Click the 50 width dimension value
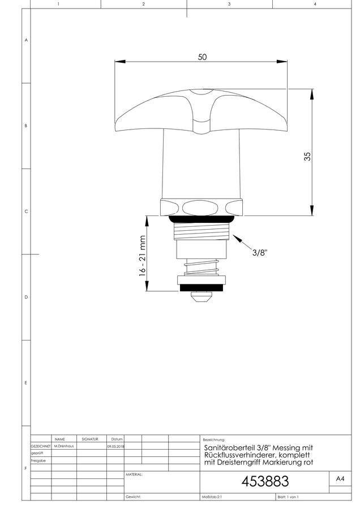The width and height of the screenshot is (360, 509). point(202,57)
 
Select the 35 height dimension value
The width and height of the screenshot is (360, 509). point(307,157)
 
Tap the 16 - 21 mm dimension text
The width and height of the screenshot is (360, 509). point(142,256)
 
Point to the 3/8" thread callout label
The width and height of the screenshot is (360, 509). point(260,253)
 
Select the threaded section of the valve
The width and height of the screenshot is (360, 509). point(202,231)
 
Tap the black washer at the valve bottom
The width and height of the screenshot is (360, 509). point(202,288)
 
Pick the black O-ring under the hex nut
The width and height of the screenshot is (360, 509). point(202,219)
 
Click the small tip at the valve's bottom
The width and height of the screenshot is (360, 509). point(202,297)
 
